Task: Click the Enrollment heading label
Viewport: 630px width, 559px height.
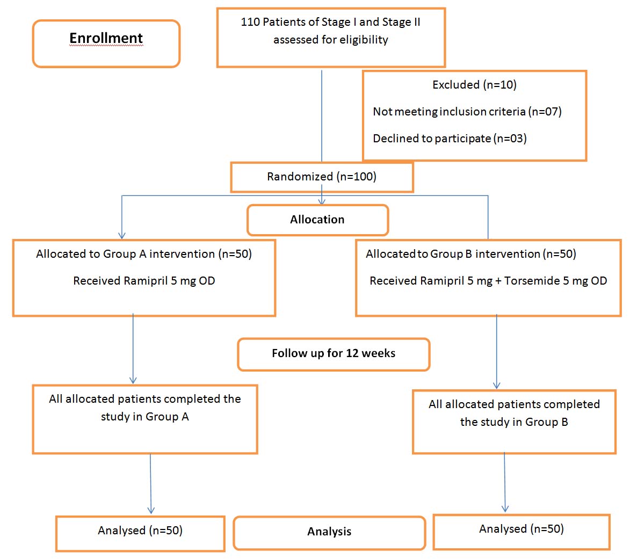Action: coord(106,38)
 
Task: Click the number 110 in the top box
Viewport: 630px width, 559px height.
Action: coord(250,22)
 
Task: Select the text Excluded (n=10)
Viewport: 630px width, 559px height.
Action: coord(474,85)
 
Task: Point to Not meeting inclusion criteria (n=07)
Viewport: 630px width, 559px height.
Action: coord(467,112)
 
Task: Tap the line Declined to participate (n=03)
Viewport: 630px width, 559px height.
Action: coord(450,139)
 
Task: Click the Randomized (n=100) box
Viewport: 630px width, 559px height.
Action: coord(322,177)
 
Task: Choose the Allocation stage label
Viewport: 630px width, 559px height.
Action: coord(317,220)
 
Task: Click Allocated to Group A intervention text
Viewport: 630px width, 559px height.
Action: coord(143,254)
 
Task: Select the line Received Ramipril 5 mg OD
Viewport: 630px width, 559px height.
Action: coord(144,281)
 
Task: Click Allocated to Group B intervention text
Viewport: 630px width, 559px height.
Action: coord(470,254)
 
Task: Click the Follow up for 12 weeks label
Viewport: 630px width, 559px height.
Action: coord(334,354)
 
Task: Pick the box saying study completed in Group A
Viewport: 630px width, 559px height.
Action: coord(145,419)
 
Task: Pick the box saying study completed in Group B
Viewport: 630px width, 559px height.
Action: coord(514,422)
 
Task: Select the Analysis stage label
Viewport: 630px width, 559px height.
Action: coord(329,532)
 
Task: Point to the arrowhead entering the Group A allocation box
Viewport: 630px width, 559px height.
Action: coord(122,235)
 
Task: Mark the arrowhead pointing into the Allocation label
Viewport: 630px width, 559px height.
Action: coord(322,201)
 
